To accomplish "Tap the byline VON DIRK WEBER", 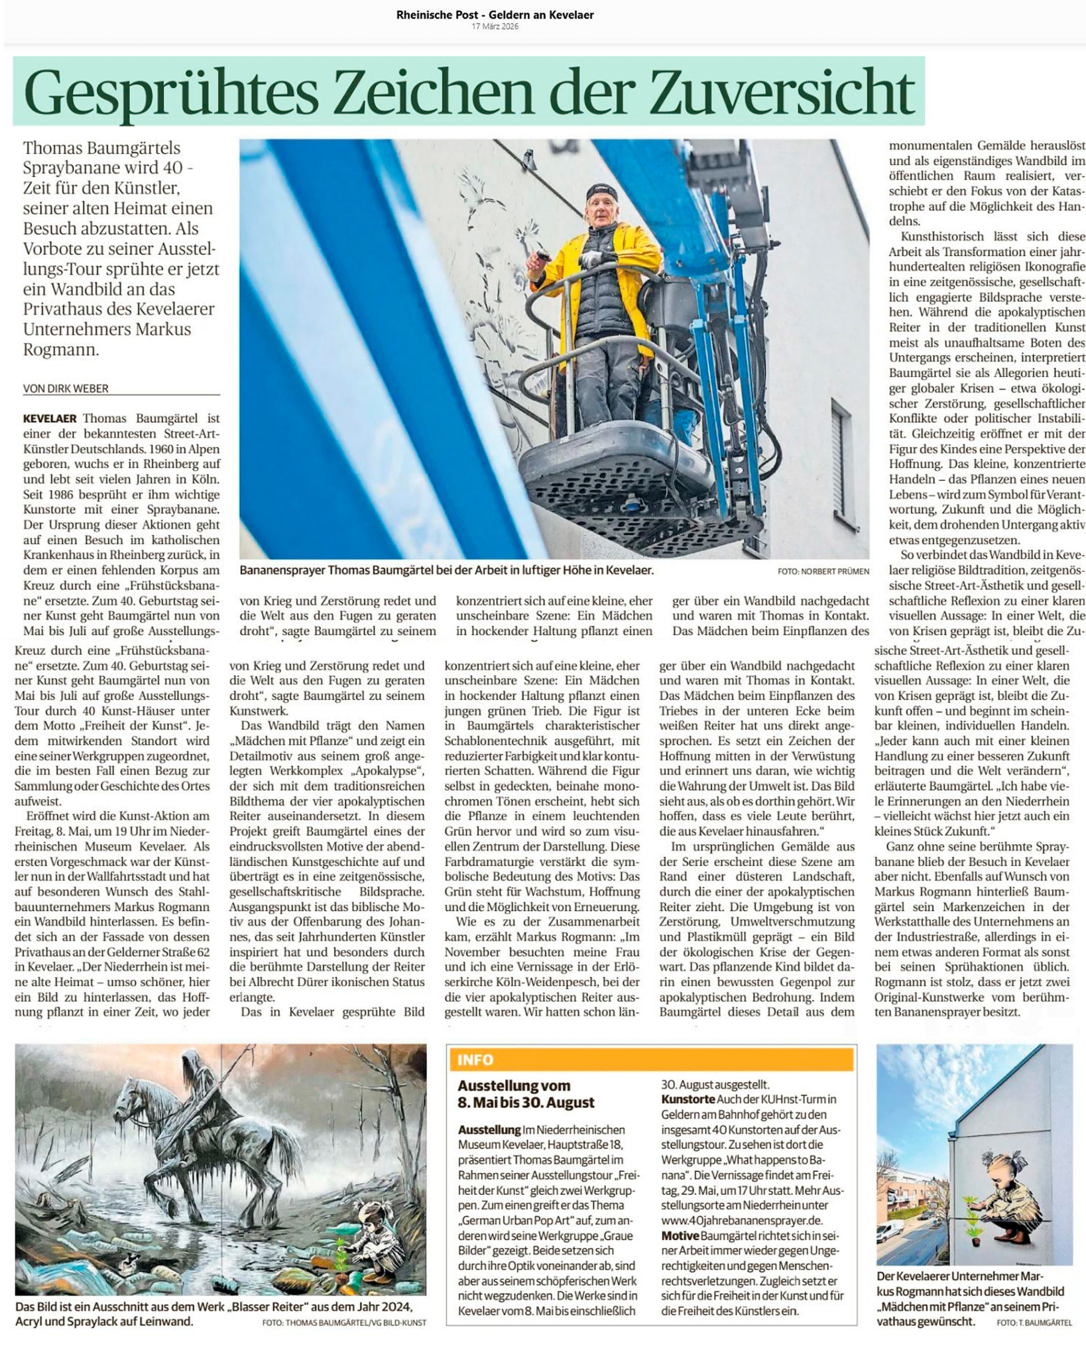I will [66, 389].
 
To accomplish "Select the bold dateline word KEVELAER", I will [50, 418].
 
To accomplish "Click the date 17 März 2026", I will [495, 27].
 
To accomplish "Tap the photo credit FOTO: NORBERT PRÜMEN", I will [823, 571].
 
